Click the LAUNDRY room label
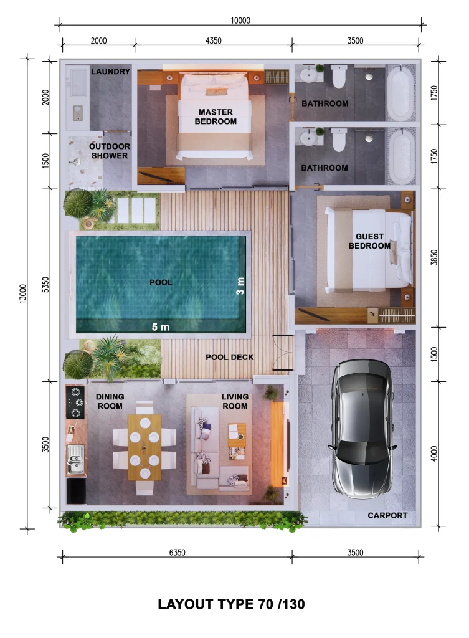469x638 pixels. click(x=110, y=72)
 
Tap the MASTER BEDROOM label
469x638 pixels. click(x=216, y=117)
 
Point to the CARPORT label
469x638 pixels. click(x=387, y=515)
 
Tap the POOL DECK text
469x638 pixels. click(x=230, y=357)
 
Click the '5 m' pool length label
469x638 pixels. click(x=161, y=326)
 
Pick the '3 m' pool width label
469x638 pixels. click(x=240, y=286)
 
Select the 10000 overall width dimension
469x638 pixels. click(x=240, y=20)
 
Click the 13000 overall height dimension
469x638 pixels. click(x=22, y=293)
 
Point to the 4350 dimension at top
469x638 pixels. click(x=213, y=41)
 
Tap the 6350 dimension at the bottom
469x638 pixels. click(x=177, y=552)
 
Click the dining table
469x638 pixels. click(x=144, y=446)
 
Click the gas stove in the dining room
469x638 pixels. click(x=76, y=402)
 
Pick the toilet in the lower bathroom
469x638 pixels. click(x=339, y=140)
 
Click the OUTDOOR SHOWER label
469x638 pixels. click(x=110, y=151)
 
